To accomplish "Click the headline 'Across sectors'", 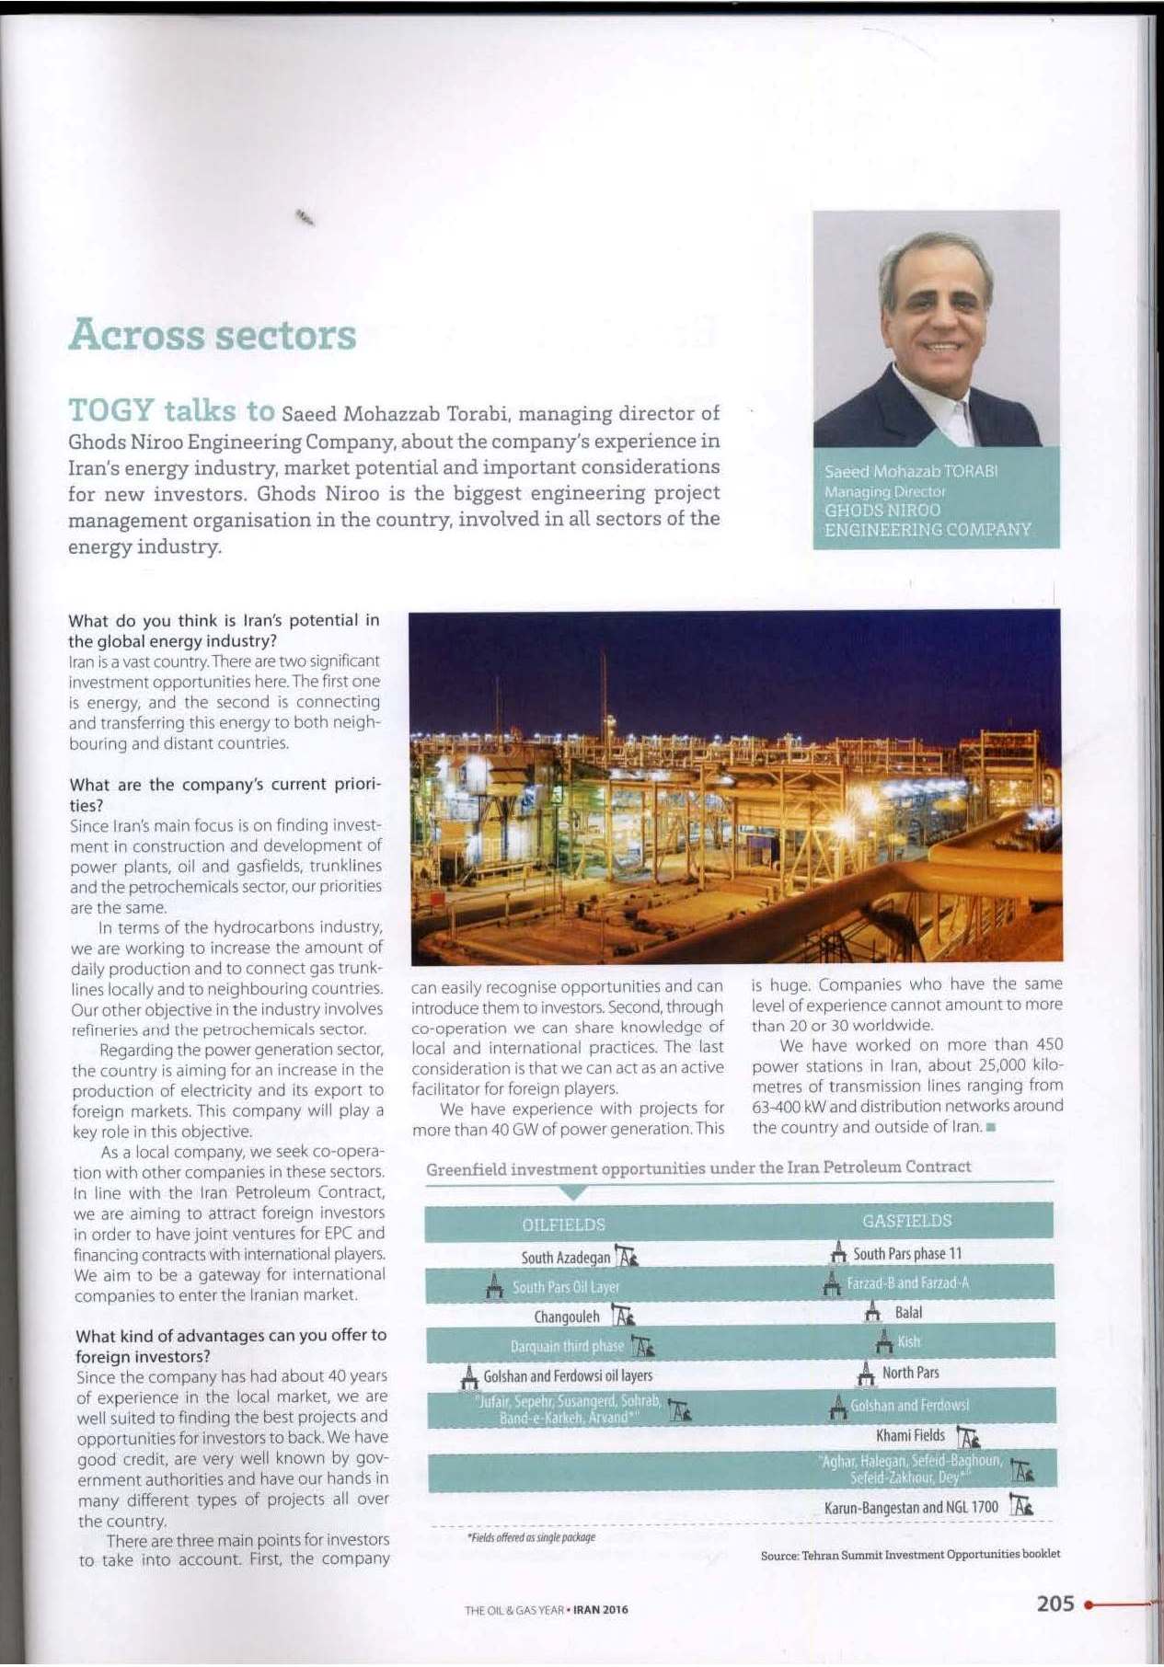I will [x=212, y=335].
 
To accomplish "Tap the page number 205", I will [x=1055, y=1604].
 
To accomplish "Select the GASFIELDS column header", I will [x=906, y=1221].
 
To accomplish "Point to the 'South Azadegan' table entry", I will [x=565, y=1258].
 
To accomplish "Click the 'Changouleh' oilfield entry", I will [x=567, y=1316].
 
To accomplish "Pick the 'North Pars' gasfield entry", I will [x=910, y=1373].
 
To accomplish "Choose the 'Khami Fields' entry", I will [x=910, y=1435].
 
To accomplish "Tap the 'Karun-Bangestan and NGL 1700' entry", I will [x=911, y=1507].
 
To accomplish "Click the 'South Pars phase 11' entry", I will [x=906, y=1254].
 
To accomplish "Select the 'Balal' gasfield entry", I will [x=908, y=1313].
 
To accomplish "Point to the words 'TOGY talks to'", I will [x=171, y=410].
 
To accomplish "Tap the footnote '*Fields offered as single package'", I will [x=531, y=1537].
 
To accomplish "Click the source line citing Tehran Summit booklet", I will [x=910, y=1554].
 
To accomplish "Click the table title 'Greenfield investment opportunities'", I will [x=697, y=1167].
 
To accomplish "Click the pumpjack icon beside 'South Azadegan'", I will [x=628, y=1257].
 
